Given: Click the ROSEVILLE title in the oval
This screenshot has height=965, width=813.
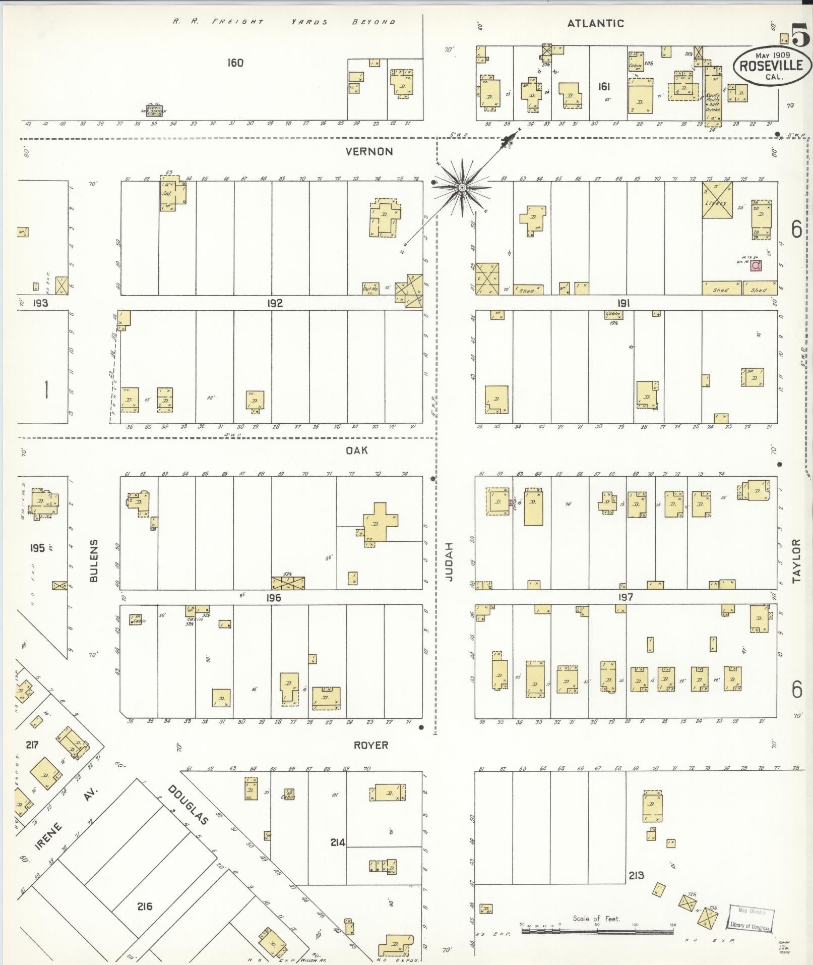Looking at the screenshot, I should pos(772,66).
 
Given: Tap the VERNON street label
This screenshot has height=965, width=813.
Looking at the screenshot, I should pos(369,151).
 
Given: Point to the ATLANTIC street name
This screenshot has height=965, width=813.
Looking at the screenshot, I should pos(595,23).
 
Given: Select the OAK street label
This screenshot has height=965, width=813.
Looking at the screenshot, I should pos(356,450).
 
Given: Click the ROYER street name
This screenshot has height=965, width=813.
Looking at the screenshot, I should pos(371,745).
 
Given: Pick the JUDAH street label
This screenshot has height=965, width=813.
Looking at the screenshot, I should pos(449,561).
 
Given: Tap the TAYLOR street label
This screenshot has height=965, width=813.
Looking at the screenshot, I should pos(796,561).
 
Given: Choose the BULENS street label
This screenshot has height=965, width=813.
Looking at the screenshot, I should pos(94,561).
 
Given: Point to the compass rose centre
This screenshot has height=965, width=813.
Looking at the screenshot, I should pos(461,188).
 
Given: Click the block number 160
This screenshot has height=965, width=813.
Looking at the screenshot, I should pos(235,63).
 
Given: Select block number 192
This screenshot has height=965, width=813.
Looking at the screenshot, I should pos(275,303).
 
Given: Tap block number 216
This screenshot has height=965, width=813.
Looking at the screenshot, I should pos(145,906).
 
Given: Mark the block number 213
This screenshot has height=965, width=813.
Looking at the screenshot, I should pos(636,875).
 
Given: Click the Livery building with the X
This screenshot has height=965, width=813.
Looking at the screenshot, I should pos(718,201).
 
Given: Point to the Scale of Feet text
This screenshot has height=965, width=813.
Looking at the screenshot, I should pos(596,918).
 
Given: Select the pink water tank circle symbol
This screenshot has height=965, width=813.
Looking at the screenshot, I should pos(756,265).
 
